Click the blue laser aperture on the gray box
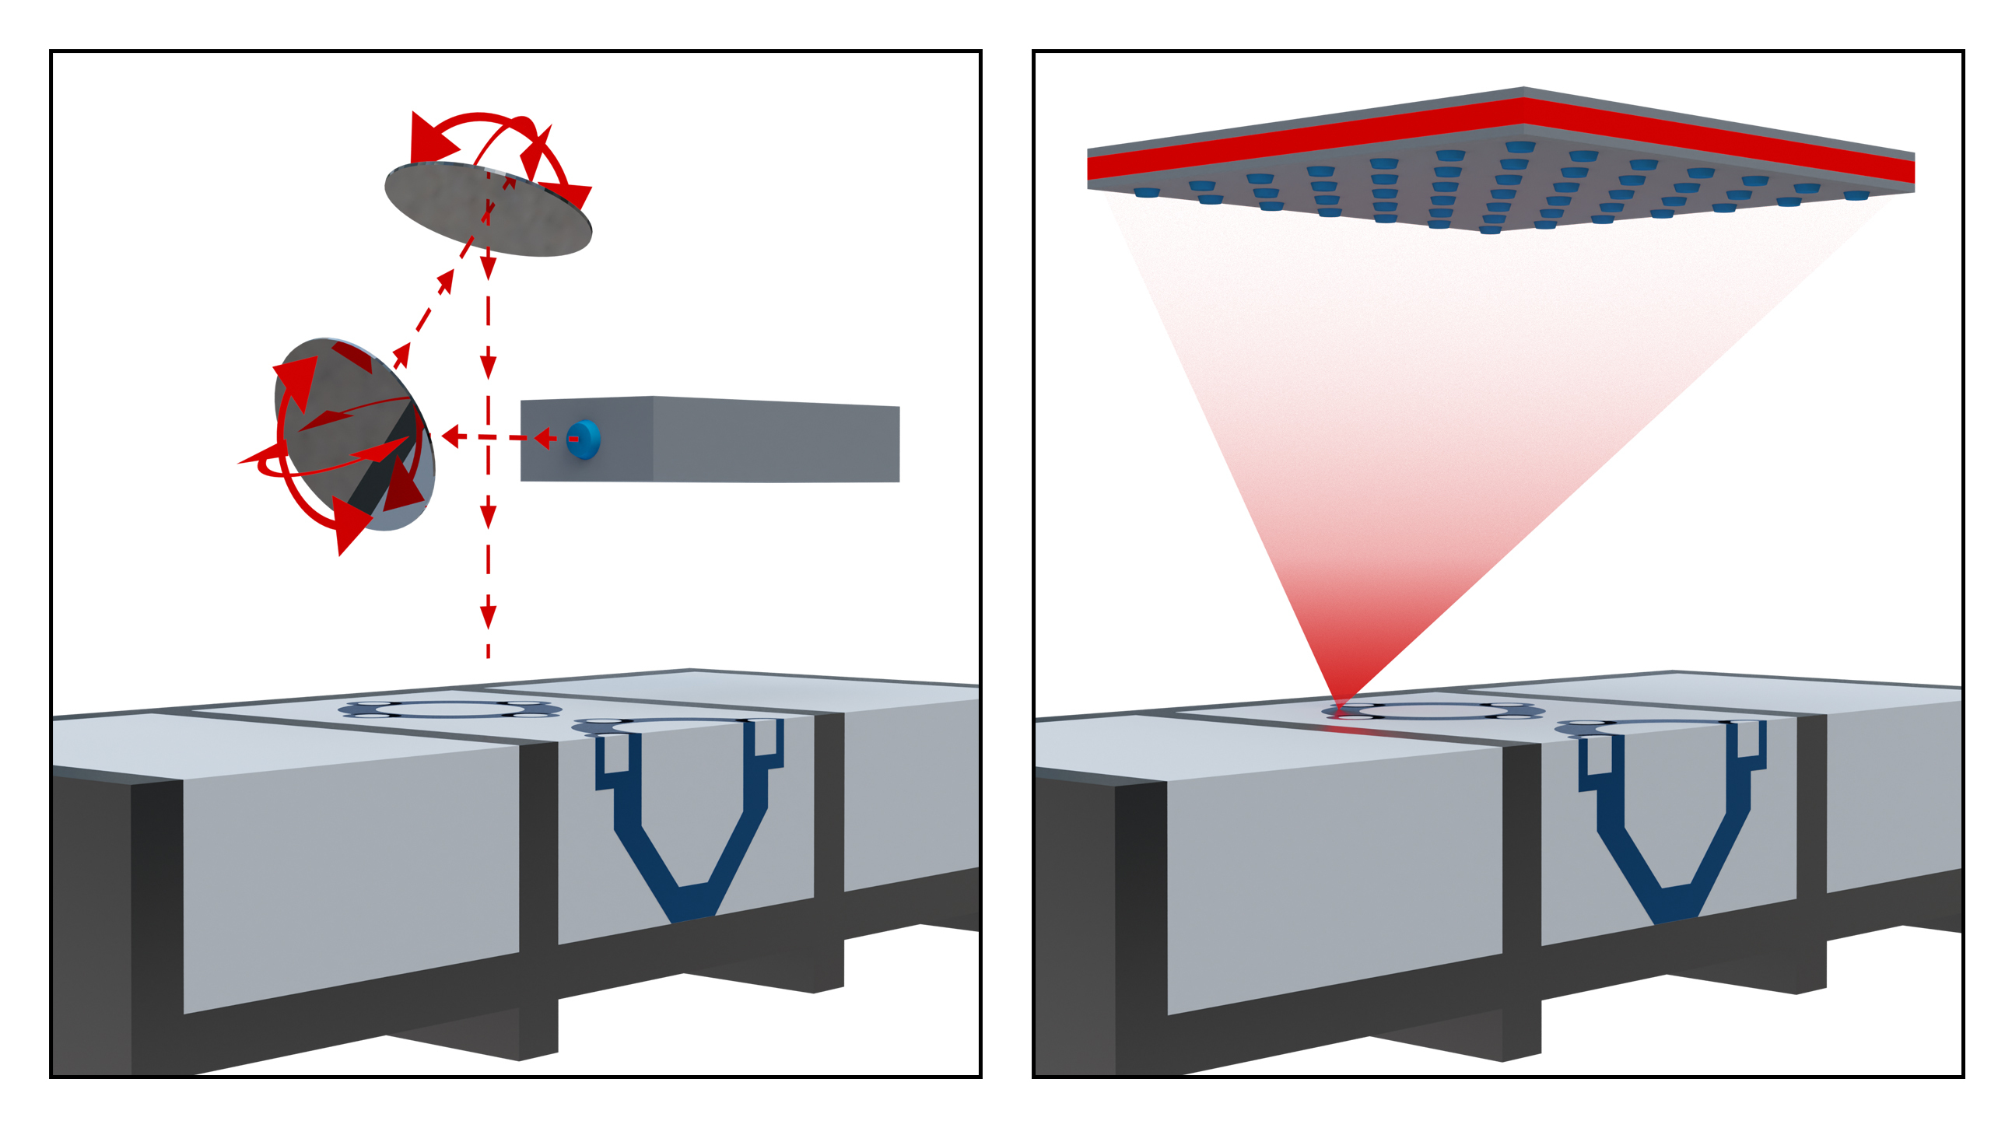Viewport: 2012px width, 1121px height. (x=584, y=439)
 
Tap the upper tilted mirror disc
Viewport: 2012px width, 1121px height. (x=488, y=209)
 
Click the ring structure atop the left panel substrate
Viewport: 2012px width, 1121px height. (x=449, y=710)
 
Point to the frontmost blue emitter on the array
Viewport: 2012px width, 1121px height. (x=1490, y=229)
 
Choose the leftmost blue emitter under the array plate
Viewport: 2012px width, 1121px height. (x=1146, y=192)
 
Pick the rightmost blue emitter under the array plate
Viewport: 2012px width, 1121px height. (x=1856, y=195)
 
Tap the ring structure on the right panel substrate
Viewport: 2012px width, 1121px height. (x=1433, y=712)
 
